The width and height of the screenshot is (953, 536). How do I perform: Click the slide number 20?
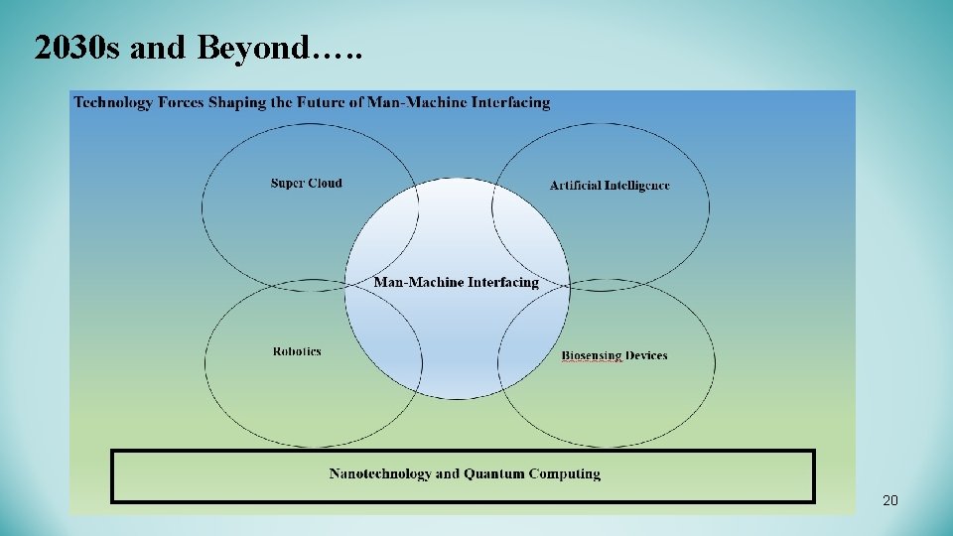coord(889,501)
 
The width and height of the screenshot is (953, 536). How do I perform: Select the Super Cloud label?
coord(306,183)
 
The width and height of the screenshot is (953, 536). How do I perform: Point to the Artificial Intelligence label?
coord(610,186)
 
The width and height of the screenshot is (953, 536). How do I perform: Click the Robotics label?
coord(297,351)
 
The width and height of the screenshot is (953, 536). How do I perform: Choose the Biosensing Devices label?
coord(613,355)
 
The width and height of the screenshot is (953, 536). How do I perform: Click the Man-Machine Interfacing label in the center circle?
coord(456,282)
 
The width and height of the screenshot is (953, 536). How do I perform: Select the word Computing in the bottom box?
coord(564,474)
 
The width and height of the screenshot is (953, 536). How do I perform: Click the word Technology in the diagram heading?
coord(110,102)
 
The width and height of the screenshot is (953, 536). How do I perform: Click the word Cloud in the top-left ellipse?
coord(325,183)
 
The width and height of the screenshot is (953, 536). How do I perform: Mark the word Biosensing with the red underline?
coord(592,355)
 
